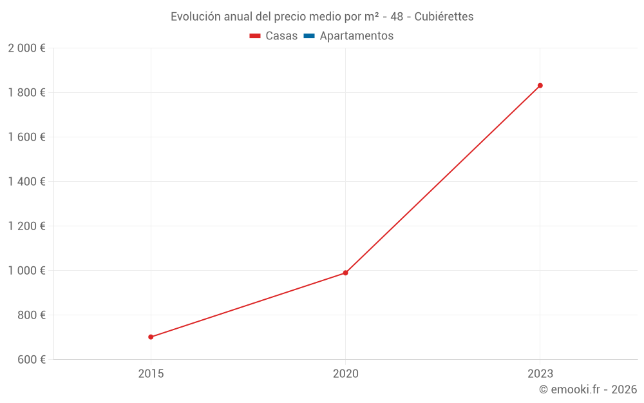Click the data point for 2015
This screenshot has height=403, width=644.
tap(151, 337)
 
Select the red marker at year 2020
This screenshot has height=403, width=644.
tap(345, 273)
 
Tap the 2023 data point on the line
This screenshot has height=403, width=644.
tap(540, 85)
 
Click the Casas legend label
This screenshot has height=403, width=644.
tap(281, 36)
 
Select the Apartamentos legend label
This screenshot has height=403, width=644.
tap(356, 36)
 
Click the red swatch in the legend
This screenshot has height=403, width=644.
tap(255, 36)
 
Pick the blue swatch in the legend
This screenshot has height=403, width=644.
tap(309, 36)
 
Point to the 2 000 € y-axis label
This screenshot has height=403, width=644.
tap(26, 48)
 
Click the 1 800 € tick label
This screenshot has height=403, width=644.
tap(26, 93)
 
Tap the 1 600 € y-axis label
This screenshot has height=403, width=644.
tap(26, 137)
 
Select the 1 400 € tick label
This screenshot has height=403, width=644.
tap(26, 182)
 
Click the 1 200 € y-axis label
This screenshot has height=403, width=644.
tap(26, 226)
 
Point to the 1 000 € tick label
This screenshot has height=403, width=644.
tap(26, 271)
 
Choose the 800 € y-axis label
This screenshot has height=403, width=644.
tap(30, 315)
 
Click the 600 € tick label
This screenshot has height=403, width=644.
tap(30, 360)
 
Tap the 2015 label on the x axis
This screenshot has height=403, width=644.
tap(151, 374)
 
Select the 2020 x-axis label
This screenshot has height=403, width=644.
tap(345, 374)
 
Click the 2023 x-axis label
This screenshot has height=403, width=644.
tap(540, 374)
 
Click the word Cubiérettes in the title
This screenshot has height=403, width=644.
tap(444, 17)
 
